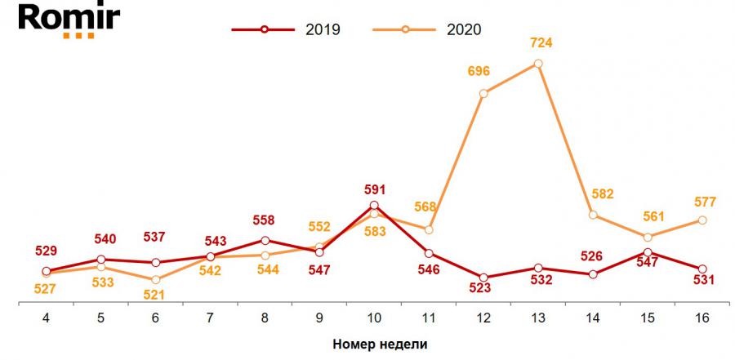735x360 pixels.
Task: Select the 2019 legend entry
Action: [x=286, y=29]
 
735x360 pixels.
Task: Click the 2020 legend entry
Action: [x=428, y=29]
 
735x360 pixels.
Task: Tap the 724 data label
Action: [x=541, y=41]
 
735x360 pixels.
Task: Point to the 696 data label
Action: [x=479, y=72]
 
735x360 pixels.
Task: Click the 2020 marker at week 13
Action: [x=538, y=63]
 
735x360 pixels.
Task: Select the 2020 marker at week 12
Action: [x=483, y=93]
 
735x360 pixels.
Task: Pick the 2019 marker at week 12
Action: [x=483, y=278]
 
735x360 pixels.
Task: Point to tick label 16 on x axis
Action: [x=702, y=318]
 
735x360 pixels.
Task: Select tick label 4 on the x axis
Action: [x=46, y=318]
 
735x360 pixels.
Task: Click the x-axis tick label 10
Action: [x=374, y=318]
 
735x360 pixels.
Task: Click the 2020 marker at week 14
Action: [x=593, y=215]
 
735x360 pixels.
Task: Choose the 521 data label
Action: [x=155, y=295]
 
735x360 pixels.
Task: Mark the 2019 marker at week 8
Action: [x=265, y=240]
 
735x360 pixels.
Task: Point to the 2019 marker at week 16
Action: [x=702, y=269]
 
